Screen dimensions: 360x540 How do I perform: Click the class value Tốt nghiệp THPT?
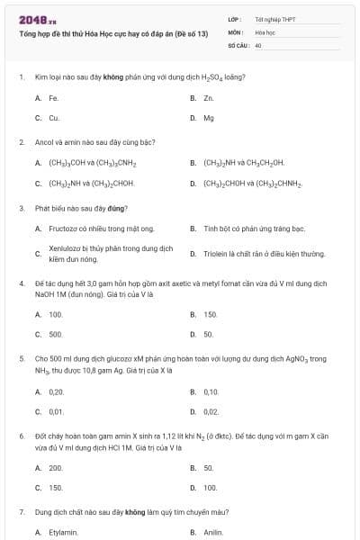point(274,18)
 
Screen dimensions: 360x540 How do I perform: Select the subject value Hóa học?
point(265,31)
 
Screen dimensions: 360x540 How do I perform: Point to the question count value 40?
point(258,44)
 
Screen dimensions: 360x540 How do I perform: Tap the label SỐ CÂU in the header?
point(238,44)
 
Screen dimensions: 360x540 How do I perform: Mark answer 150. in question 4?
point(211,314)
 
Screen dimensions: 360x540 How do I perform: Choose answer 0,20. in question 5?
point(57,391)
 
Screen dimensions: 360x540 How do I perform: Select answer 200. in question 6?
point(56,468)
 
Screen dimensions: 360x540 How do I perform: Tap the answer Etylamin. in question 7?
point(63,533)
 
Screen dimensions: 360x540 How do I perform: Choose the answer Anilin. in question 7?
point(213,533)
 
